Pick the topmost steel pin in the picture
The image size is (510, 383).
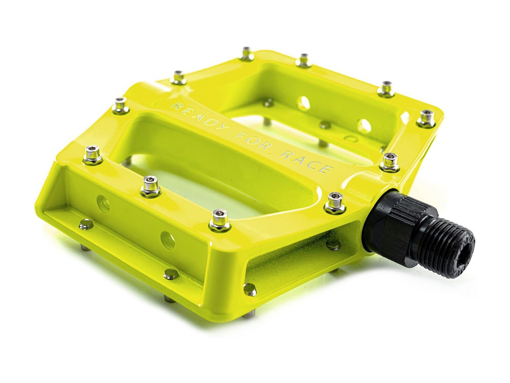[x=246, y=53]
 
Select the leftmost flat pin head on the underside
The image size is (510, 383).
[x=86, y=224]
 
